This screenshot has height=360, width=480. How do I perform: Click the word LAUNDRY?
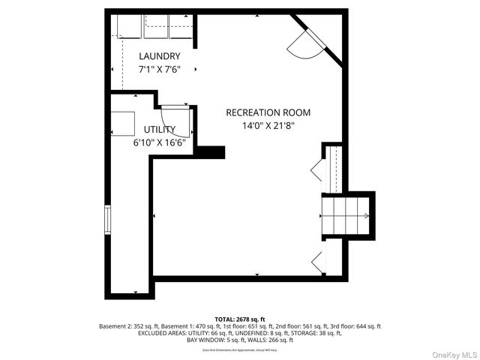pos(159,56)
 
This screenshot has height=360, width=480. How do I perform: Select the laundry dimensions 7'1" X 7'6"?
pos(159,69)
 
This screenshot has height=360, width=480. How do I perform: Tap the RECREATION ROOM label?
pos(268,112)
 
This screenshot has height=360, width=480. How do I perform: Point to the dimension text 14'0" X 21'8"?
pos(268,126)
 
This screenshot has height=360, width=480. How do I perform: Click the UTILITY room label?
pos(160,129)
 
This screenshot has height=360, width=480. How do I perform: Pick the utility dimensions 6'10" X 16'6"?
pos(160,142)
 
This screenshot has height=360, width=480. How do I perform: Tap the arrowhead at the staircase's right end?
pos(366,215)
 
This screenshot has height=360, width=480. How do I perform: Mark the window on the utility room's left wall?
pos(107,222)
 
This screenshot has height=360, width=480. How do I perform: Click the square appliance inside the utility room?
pos(122,122)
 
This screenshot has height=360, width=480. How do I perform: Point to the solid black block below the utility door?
pos(210,151)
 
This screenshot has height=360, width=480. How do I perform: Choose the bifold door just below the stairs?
pos(317,262)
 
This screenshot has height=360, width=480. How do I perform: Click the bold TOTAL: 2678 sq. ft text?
pos(239,319)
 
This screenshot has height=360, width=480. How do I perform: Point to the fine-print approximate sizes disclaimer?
pos(239,349)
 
